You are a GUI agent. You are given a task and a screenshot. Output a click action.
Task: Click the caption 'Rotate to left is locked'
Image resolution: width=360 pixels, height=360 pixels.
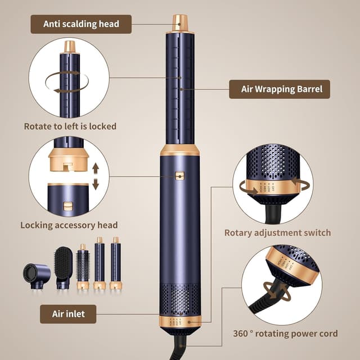pos(70,126)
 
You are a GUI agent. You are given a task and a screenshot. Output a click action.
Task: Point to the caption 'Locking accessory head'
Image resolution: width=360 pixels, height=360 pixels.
pos(69,225)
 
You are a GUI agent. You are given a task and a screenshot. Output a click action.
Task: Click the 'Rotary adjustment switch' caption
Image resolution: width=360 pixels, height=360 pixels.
pos(277,232)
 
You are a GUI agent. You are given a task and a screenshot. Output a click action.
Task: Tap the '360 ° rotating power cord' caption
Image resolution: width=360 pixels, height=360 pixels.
pos(285,334)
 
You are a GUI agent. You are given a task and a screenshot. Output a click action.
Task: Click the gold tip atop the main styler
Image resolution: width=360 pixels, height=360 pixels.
pos(180,22)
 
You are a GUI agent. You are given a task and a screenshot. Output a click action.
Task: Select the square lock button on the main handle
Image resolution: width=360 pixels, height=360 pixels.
pos(179,176)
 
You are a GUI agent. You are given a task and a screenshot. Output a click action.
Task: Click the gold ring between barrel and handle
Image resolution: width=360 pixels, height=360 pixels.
pos(180,150)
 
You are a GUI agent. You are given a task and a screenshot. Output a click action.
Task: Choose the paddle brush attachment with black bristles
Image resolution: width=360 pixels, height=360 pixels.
pos(64,267)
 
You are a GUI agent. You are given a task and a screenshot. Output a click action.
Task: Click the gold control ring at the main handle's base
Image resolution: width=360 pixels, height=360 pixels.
pos(180,322)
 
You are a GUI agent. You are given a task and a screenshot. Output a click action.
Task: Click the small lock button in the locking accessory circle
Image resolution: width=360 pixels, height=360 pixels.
pos(67,206)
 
